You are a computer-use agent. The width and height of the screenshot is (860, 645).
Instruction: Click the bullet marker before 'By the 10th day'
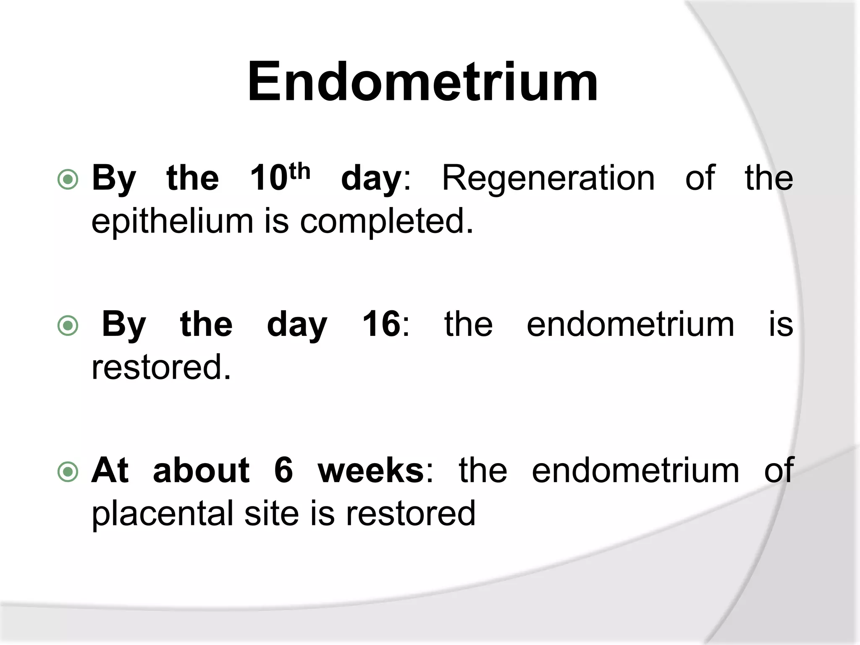pos(68,179)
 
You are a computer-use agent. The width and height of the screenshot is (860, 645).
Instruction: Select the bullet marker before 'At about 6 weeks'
pos(68,472)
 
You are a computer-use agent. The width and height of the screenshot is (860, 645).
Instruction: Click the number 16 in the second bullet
pos(381,324)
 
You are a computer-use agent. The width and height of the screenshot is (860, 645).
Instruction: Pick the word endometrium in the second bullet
pos(630,324)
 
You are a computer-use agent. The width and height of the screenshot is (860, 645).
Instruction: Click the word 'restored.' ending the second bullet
pos(161,367)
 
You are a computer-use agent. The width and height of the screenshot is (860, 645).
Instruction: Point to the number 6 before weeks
pos(283,470)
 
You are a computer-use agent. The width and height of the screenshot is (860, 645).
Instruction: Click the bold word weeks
pos(371,470)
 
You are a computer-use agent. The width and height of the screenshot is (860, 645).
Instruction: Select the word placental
pos(162,513)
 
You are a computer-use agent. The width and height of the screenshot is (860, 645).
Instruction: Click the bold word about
pos(201,470)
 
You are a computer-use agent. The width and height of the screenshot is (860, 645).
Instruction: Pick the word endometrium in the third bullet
pos(635,470)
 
